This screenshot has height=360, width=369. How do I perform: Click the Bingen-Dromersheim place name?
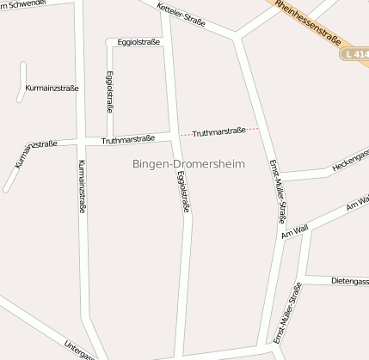(x=189, y=163)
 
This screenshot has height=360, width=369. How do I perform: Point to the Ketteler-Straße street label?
(x=181, y=15)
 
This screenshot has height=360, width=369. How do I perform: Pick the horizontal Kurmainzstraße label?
(x=52, y=88)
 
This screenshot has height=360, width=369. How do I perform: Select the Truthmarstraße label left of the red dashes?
(x=128, y=138)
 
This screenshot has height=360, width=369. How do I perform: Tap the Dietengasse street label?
(x=349, y=281)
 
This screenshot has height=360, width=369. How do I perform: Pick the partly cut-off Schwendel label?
(x=27, y=5)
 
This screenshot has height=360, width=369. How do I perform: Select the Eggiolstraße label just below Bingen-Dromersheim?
(x=182, y=192)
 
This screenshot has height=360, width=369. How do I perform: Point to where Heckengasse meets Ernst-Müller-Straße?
(x=280, y=178)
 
